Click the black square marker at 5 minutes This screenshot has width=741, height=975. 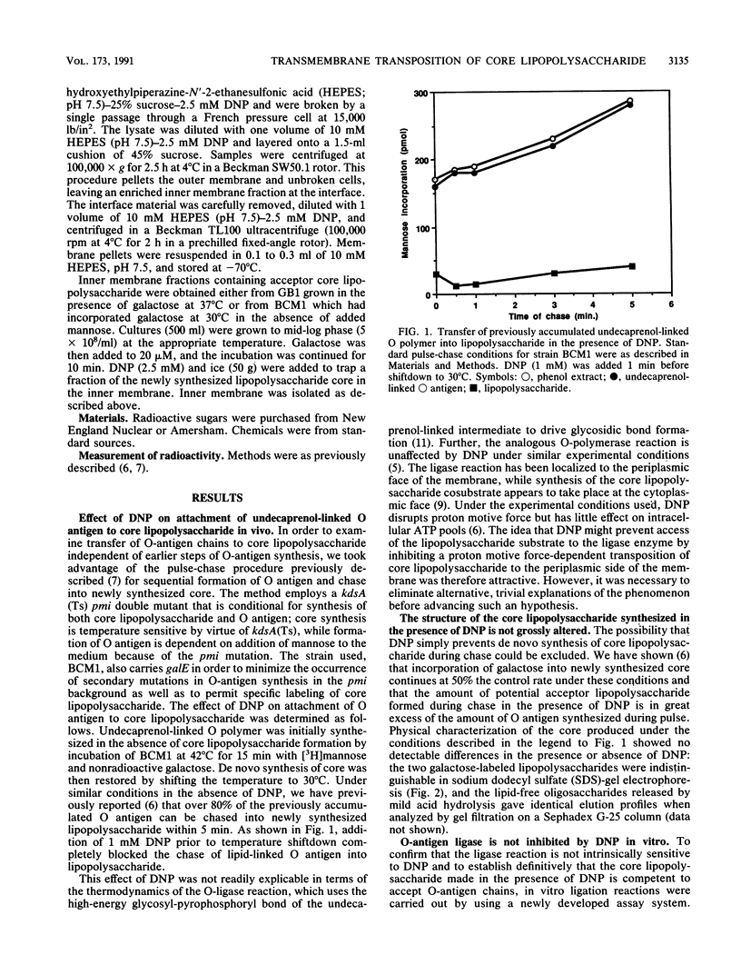click(x=631, y=266)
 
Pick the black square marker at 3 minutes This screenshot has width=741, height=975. click(x=553, y=273)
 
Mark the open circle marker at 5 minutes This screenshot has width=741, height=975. click(x=630, y=101)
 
